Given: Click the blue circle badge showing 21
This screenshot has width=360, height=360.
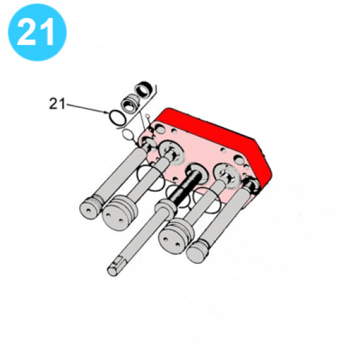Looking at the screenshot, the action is (37, 32).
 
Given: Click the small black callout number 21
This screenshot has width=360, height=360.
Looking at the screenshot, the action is (57, 104).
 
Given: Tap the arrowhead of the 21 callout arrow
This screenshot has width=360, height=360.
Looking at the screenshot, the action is (106, 112).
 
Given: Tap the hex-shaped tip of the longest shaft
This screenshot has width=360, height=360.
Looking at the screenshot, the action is (114, 268).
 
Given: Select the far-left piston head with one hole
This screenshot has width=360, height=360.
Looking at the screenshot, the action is (90, 208).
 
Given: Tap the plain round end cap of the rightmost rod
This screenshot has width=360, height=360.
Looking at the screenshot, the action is (197, 251).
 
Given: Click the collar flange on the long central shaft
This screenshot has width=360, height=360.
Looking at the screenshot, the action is (166, 206).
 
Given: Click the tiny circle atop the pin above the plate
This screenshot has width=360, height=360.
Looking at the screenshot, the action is (147, 116).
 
